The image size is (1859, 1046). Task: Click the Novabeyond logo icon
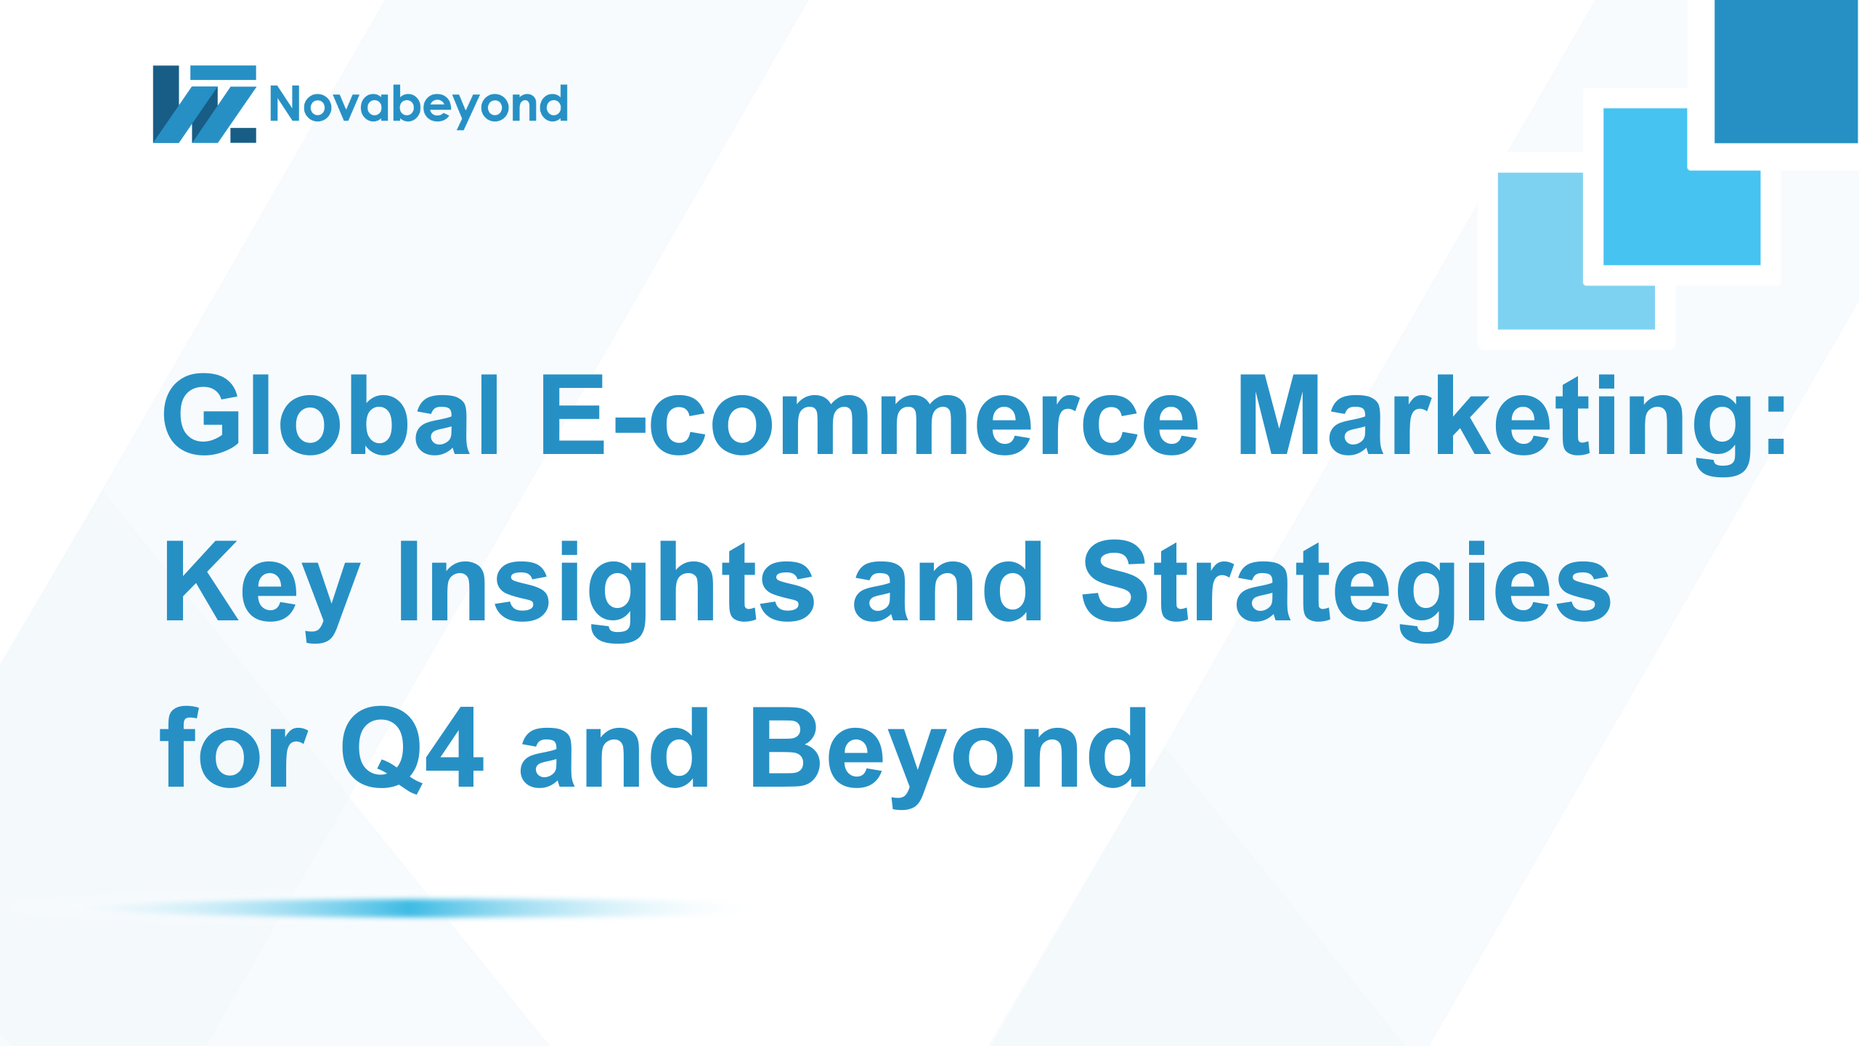[x=204, y=104]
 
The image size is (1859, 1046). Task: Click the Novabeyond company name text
[x=418, y=105]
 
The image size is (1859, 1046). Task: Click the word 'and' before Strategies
[x=948, y=581]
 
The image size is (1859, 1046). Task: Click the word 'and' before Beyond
[x=614, y=747]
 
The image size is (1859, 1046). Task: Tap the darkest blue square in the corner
[x=1786, y=71]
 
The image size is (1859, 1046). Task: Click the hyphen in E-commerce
[x=630, y=426]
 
